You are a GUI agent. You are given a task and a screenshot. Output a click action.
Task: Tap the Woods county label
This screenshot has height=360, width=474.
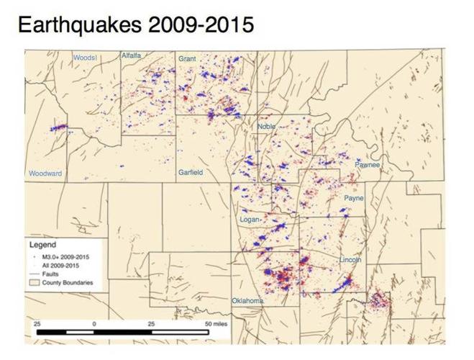tap(85, 57)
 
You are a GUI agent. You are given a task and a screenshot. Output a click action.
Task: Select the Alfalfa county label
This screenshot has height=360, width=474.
tap(132, 55)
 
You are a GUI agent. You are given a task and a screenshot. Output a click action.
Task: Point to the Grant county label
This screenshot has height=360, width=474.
tap(187, 58)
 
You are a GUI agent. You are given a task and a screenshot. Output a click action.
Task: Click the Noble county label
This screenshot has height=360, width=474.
tap(266, 127)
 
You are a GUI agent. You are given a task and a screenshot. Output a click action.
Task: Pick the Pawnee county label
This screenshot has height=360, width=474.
tap(367, 165)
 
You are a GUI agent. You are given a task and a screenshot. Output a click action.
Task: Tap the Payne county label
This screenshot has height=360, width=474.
tap(354, 197)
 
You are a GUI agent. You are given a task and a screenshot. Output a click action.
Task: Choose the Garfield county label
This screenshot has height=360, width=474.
tap(191, 173)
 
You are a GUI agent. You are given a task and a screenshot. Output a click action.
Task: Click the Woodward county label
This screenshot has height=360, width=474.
tap(45, 174)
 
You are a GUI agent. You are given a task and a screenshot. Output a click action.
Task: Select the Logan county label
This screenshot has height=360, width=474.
tap(249, 219)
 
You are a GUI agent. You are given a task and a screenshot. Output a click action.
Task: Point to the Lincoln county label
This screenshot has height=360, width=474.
tap(350, 259)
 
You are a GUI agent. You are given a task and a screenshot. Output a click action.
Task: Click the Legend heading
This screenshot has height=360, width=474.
tap(42, 245)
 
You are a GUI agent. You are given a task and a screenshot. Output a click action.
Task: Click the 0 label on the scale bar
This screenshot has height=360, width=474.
tap(94, 325)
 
